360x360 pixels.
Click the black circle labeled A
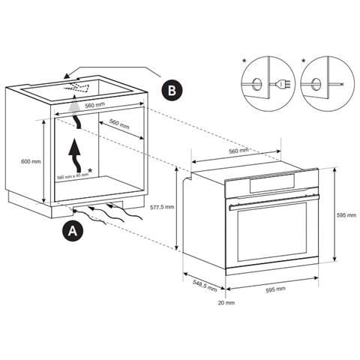pos(71,231)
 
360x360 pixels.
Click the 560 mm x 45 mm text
pos(72,177)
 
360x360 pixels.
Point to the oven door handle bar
pos(274,199)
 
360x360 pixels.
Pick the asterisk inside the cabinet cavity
pos(90,171)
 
